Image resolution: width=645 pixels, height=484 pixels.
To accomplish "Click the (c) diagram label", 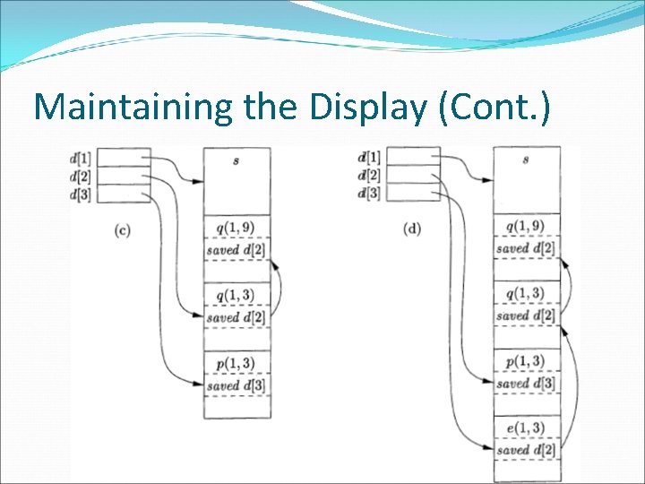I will [123, 229].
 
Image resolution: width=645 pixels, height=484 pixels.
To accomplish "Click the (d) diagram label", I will [412, 229].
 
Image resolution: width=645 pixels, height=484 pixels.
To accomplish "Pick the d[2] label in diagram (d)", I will [369, 176].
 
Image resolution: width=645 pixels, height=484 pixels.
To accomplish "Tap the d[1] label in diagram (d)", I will [369, 159].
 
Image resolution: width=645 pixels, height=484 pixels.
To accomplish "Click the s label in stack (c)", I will [236, 160].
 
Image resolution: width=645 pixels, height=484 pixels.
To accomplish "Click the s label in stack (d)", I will [526, 160].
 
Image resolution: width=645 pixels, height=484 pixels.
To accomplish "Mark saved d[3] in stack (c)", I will [236, 385].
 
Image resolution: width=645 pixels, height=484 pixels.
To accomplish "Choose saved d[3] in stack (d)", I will [526, 384].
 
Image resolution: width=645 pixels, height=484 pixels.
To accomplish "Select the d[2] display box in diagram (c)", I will [122, 176].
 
